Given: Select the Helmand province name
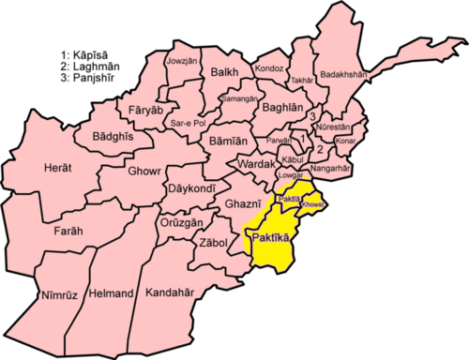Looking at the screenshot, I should [x=111, y=293].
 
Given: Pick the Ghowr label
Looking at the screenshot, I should [x=145, y=172].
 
